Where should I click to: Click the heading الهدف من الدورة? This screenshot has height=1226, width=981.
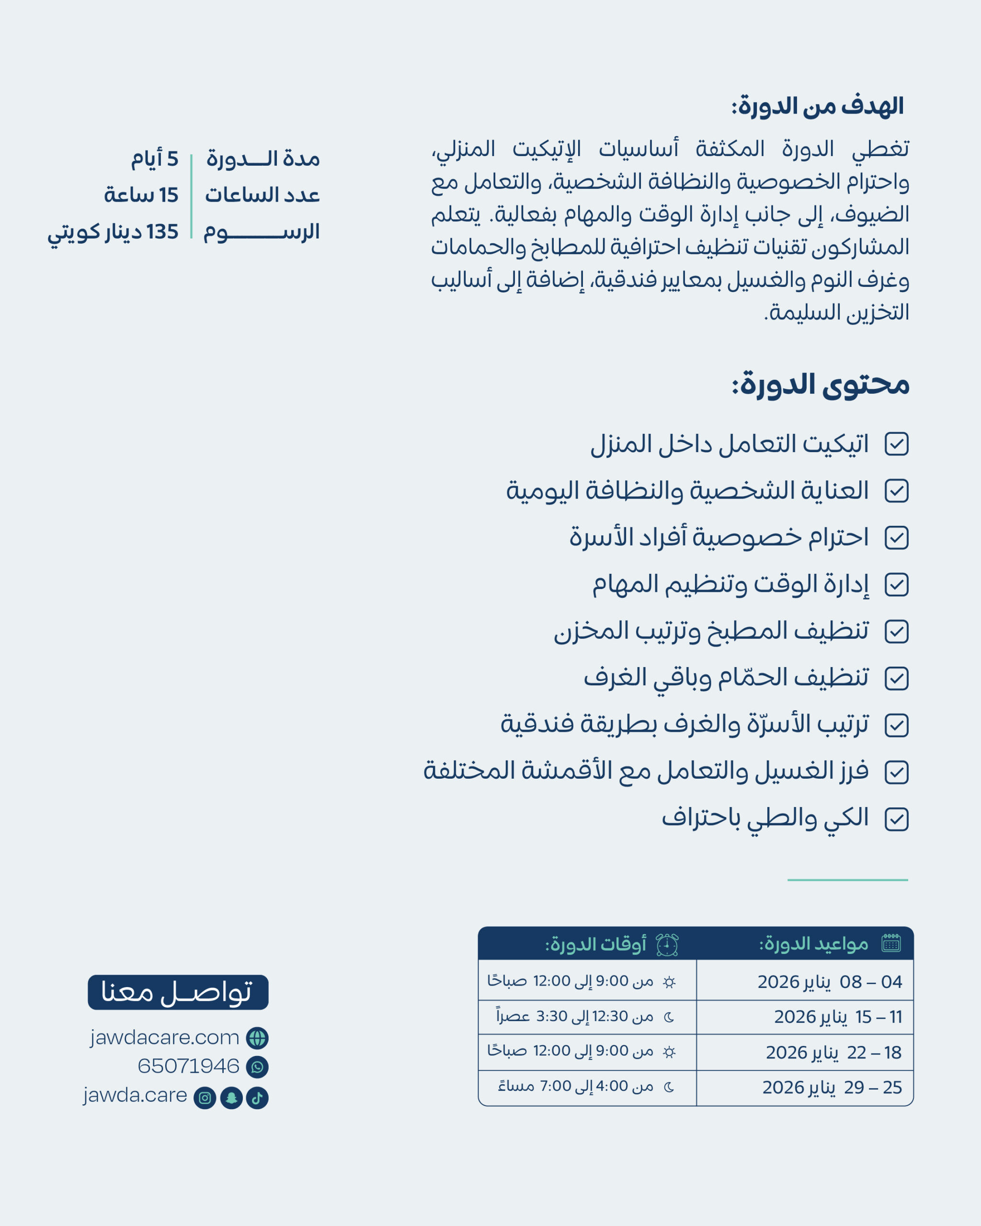point(817,106)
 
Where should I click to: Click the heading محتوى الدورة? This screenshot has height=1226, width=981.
point(820,385)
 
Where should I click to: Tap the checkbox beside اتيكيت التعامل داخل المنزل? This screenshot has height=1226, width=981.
point(896,444)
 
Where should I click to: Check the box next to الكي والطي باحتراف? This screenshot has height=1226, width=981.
point(896,819)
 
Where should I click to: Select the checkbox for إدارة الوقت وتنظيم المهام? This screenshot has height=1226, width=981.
point(896,585)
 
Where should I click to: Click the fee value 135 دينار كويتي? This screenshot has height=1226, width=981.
point(113,232)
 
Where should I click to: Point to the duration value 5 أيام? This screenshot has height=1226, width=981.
point(155,159)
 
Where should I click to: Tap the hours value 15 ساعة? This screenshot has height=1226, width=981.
point(141,195)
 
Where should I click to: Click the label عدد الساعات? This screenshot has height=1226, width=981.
point(262,195)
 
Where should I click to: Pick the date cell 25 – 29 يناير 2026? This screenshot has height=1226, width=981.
point(832,1087)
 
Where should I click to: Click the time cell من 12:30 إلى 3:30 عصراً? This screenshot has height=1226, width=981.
point(574,1017)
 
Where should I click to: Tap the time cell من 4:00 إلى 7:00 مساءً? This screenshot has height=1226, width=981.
point(574,1087)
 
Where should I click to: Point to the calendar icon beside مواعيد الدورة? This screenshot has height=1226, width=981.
point(890,944)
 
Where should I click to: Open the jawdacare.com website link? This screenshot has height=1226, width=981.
point(164,1038)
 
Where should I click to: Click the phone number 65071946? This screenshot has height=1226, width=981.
point(188,1066)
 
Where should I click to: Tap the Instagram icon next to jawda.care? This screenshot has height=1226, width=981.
point(205,1098)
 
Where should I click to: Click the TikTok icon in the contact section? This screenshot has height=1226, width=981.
point(257,1098)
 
